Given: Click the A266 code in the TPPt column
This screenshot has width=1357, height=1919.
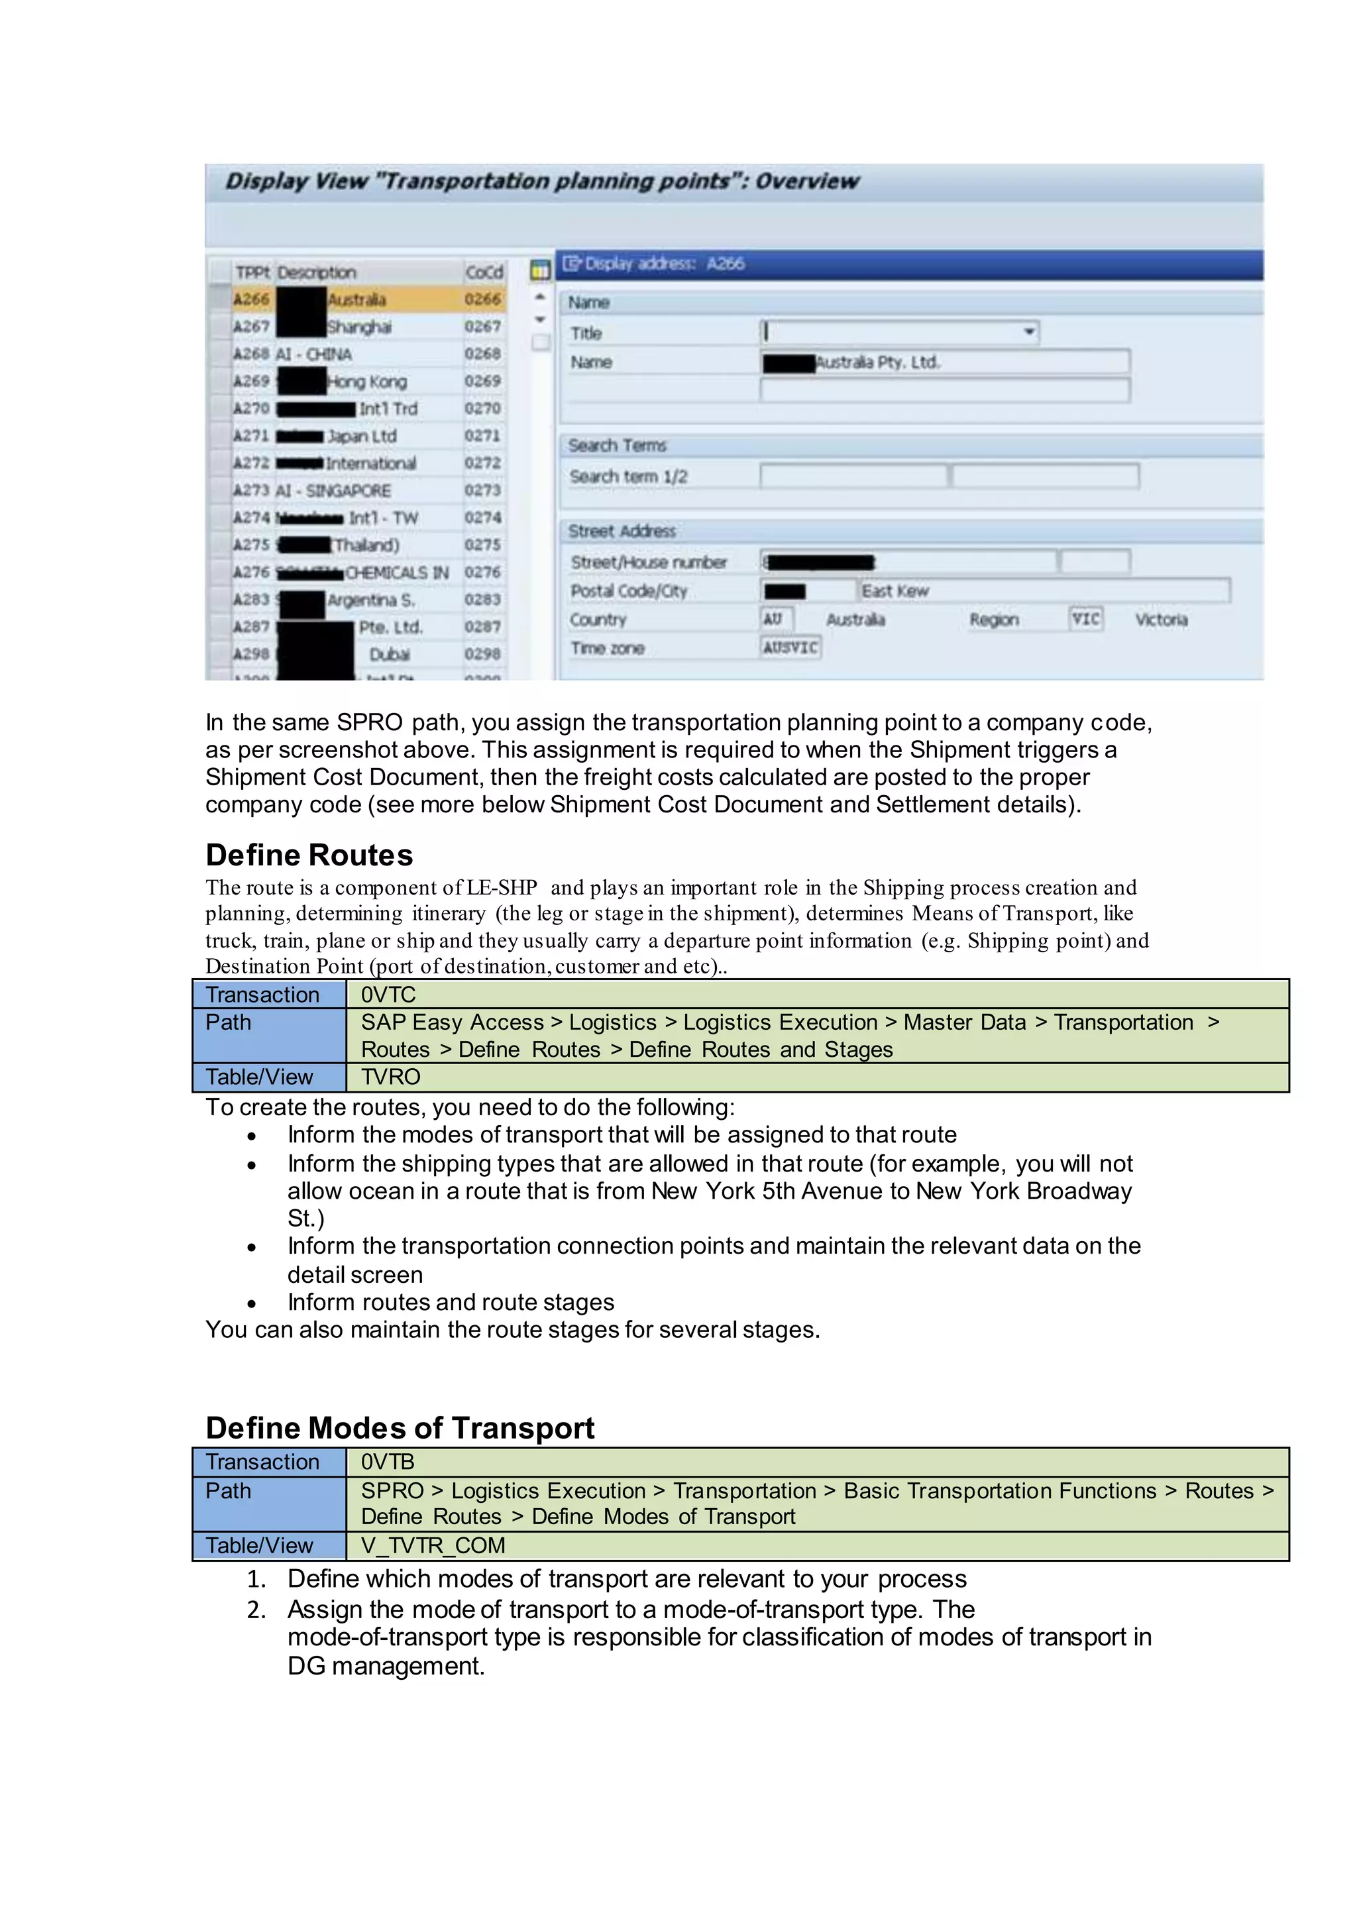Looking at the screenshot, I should [x=250, y=300].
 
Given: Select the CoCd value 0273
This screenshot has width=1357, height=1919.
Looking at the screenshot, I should [x=482, y=490].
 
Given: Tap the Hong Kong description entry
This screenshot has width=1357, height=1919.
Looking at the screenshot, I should [x=367, y=382].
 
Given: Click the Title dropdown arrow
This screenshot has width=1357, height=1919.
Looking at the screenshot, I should [x=1028, y=333].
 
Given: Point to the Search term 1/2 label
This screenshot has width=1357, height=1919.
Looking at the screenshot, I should [x=628, y=476].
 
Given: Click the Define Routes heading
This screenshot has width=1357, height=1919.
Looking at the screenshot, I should [x=309, y=855].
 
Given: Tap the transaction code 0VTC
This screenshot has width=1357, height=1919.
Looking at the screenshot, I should [x=388, y=995].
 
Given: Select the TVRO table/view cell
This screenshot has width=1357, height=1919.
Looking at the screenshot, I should [x=391, y=1077].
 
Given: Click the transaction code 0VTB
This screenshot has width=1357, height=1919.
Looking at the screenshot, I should [x=388, y=1462].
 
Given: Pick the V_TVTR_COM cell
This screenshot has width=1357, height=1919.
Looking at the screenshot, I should [x=433, y=1545].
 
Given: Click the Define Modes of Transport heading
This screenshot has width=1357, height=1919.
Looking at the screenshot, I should [x=400, y=1427].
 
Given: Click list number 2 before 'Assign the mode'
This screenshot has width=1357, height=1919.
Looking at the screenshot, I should [x=256, y=1610].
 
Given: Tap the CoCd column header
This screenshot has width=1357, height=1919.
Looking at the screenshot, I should [x=484, y=272].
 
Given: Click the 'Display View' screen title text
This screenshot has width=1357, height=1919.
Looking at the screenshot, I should [x=541, y=182].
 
